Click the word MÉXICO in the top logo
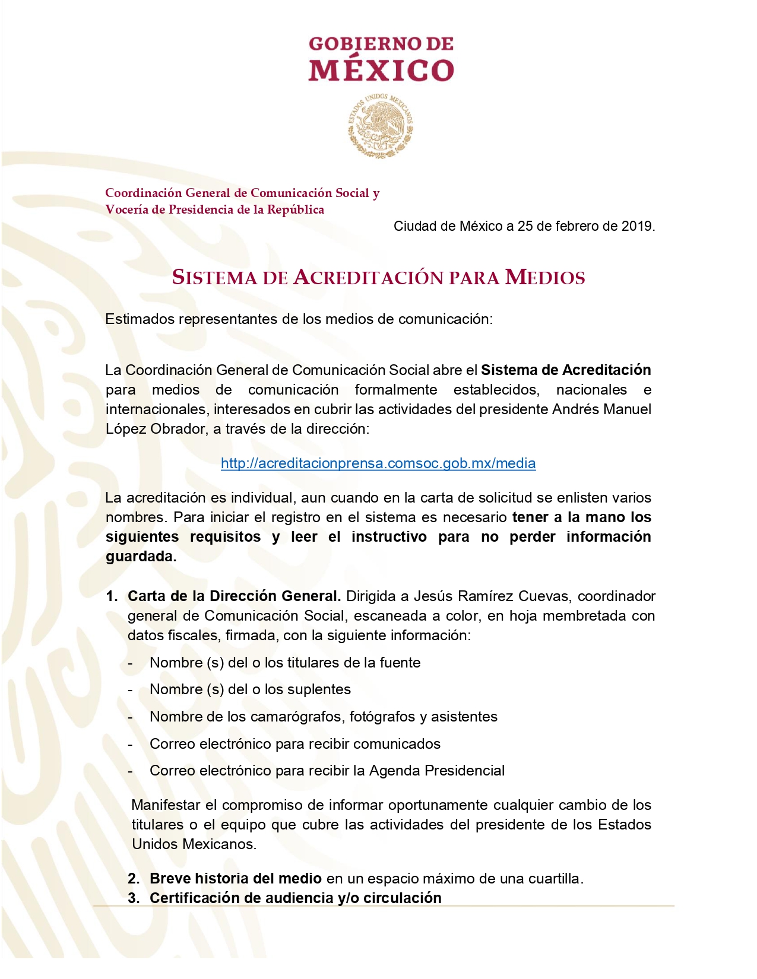(x=381, y=70)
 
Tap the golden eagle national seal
(x=381, y=126)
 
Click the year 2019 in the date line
(x=637, y=226)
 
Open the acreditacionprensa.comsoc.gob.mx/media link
(x=378, y=463)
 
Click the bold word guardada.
(x=141, y=557)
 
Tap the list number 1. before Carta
(x=112, y=596)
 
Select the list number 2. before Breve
(x=134, y=879)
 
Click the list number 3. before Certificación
(x=134, y=898)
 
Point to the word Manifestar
(x=166, y=805)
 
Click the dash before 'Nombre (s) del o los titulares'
(x=131, y=663)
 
